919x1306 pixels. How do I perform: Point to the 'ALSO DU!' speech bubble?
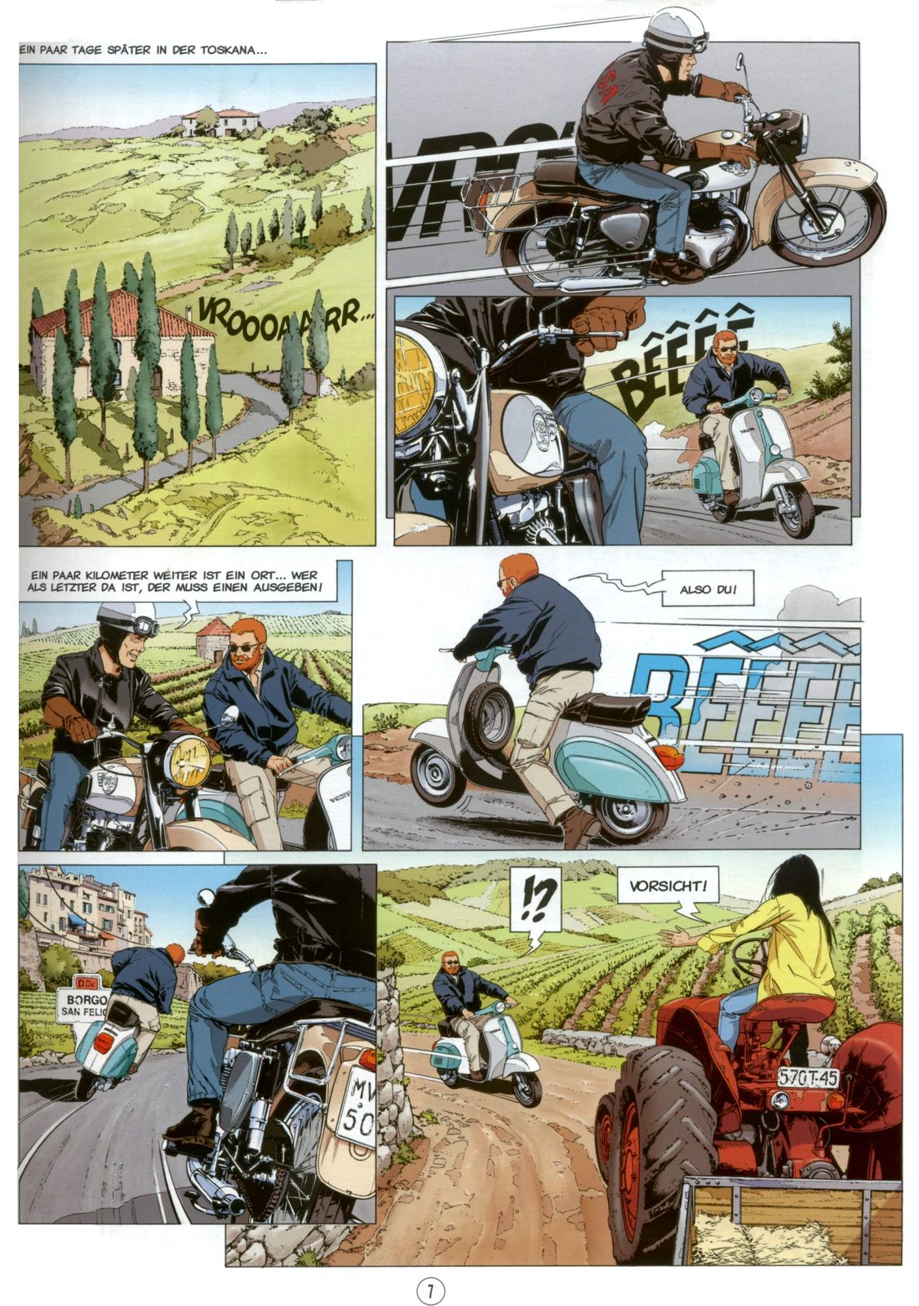tap(708, 589)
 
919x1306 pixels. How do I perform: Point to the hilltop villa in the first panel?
tap(219, 122)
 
